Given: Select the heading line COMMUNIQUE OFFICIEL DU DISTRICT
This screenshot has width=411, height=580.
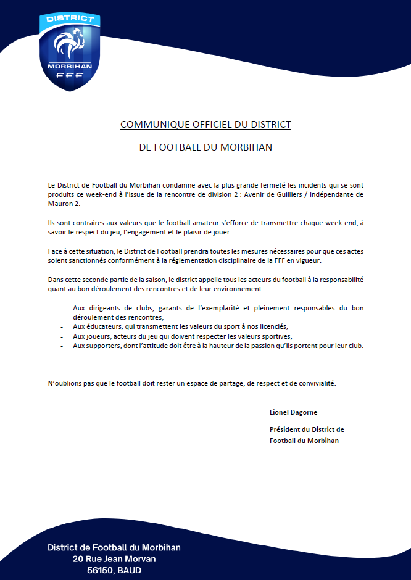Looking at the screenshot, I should click(x=205, y=125).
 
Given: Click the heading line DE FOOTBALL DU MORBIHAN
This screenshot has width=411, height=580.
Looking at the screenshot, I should click(x=205, y=148).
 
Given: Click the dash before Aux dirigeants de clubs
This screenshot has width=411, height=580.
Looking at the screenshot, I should click(x=62, y=307).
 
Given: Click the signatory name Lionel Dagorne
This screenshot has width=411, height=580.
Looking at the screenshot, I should click(x=294, y=412).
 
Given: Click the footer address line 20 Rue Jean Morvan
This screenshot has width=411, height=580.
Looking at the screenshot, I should click(x=114, y=559).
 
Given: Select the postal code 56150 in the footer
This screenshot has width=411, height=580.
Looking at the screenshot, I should click(x=100, y=571).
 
